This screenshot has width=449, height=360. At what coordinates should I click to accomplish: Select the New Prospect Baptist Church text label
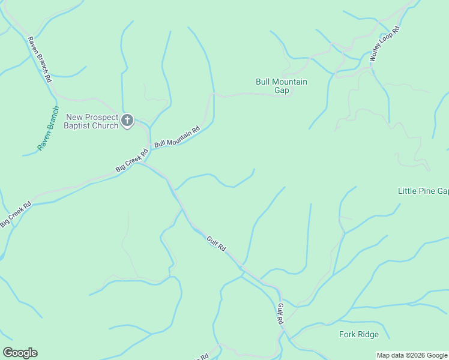(x=92, y=121)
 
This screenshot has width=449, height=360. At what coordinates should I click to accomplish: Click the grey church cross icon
(x=127, y=121)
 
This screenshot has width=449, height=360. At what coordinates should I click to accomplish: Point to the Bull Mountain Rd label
(x=176, y=137)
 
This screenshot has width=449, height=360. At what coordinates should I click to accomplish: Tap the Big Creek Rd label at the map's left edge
(x=16, y=214)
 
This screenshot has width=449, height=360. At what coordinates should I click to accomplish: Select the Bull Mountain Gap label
(x=282, y=86)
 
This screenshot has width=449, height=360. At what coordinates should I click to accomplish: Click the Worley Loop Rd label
(x=385, y=45)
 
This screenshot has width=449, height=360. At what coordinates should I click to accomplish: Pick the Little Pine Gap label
(x=424, y=191)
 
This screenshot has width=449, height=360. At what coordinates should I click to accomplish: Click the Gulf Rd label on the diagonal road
(x=216, y=244)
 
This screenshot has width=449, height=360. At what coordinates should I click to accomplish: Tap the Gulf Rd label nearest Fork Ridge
(x=280, y=314)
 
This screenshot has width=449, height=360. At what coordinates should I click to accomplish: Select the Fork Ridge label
(x=359, y=334)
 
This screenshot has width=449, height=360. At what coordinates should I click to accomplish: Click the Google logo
(x=20, y=353)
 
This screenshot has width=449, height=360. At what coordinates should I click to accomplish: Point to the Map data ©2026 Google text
(x=412, y=355)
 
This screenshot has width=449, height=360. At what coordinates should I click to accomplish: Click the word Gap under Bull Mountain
(x=282, y=91)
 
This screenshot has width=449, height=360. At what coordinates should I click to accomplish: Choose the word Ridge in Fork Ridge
(x=367, y=334)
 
